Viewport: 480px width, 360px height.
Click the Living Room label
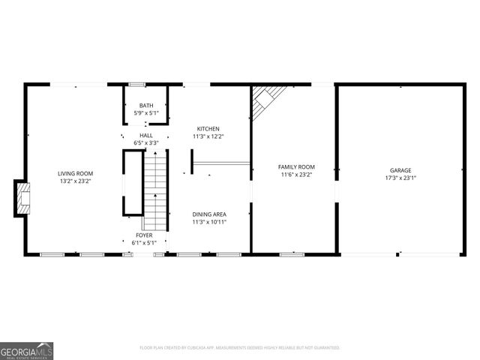tap(75, 173)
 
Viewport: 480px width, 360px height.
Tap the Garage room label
tap(400, 170)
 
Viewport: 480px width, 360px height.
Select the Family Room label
tap(295, 166)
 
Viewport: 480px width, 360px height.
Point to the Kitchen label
tap(208, 128)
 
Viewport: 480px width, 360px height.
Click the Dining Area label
tap(208, 214)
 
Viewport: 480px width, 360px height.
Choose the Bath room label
tap(146, 106)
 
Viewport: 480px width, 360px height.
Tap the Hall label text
tap(145, 135)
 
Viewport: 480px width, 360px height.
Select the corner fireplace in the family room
tap(264, 101)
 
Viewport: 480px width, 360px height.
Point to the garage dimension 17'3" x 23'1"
tap(400, 178)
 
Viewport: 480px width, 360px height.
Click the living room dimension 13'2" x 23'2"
tap(75, 181)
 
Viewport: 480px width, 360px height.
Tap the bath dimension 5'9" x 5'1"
tap(146, 113)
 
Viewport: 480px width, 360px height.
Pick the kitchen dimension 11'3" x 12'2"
tap(208, 136)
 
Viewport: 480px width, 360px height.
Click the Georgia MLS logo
tap(26, 350)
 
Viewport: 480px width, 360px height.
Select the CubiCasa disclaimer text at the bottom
tap(239, 348)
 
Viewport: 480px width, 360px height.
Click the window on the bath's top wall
tap(136, 84)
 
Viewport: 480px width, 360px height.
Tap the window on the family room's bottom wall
tap(292, 254)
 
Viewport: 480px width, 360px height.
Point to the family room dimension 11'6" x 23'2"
tap(295, 175)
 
